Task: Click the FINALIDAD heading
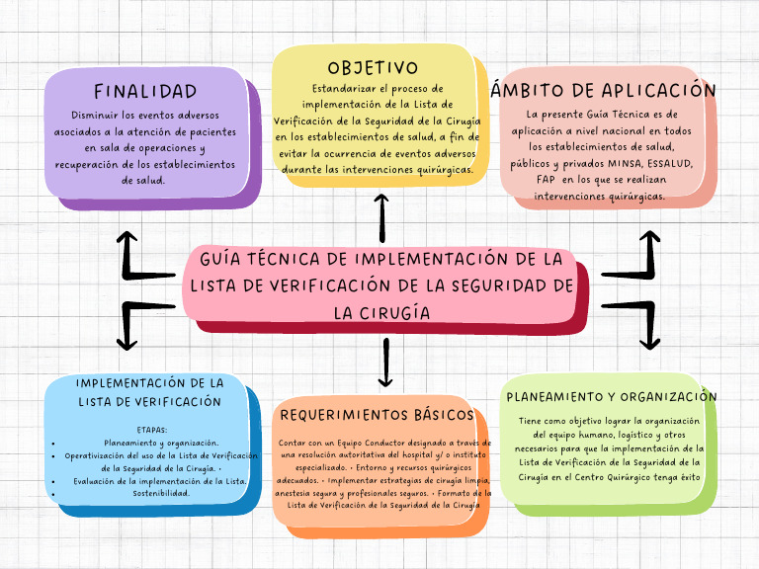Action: pos(145,92)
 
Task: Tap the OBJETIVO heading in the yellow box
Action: pos(374,68)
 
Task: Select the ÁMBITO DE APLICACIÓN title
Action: pos(603,90)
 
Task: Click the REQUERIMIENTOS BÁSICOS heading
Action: pos(378,414)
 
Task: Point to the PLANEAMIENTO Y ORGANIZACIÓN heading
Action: pos(611,397)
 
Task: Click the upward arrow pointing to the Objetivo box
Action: pos(382,217)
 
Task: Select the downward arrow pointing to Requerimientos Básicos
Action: pos(385,364)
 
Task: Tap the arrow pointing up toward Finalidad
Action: pos(128,252)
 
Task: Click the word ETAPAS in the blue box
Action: pos(153,430)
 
